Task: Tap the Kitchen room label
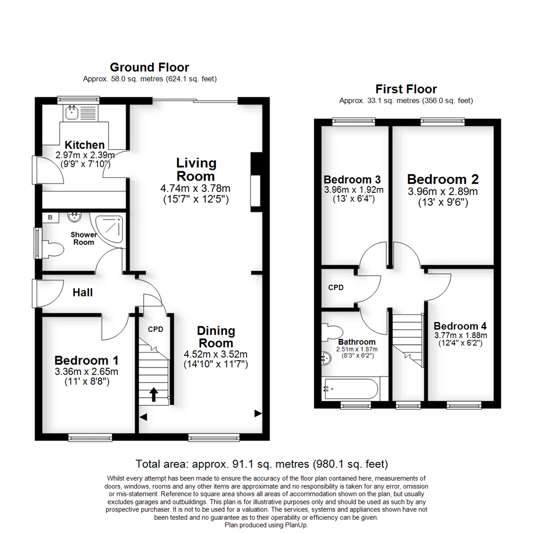point(85,145)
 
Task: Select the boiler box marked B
point(50,217)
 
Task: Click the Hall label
point(83,293)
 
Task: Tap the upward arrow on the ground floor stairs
point(153,394)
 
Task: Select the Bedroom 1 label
point(86,360)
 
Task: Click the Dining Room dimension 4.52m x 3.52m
point(216,354)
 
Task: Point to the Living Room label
point(196,169)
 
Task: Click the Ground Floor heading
point(149,67)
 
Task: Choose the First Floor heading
point(406,89)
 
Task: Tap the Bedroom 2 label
point(443,179)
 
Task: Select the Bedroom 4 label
point(460,326)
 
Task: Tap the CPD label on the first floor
point(336,287)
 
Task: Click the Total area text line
point(262,464)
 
